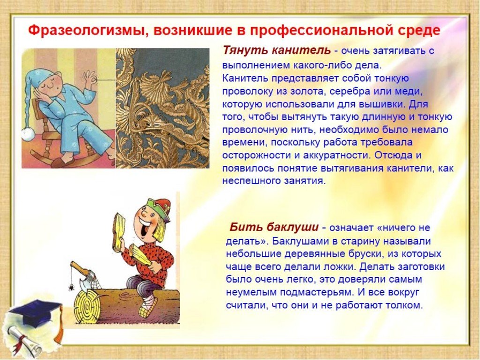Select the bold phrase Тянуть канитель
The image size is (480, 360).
(277, 50)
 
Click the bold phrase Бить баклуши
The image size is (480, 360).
(274, 227)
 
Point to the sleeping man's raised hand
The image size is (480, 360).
(90, 78)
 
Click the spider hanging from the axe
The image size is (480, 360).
(72, 287)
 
